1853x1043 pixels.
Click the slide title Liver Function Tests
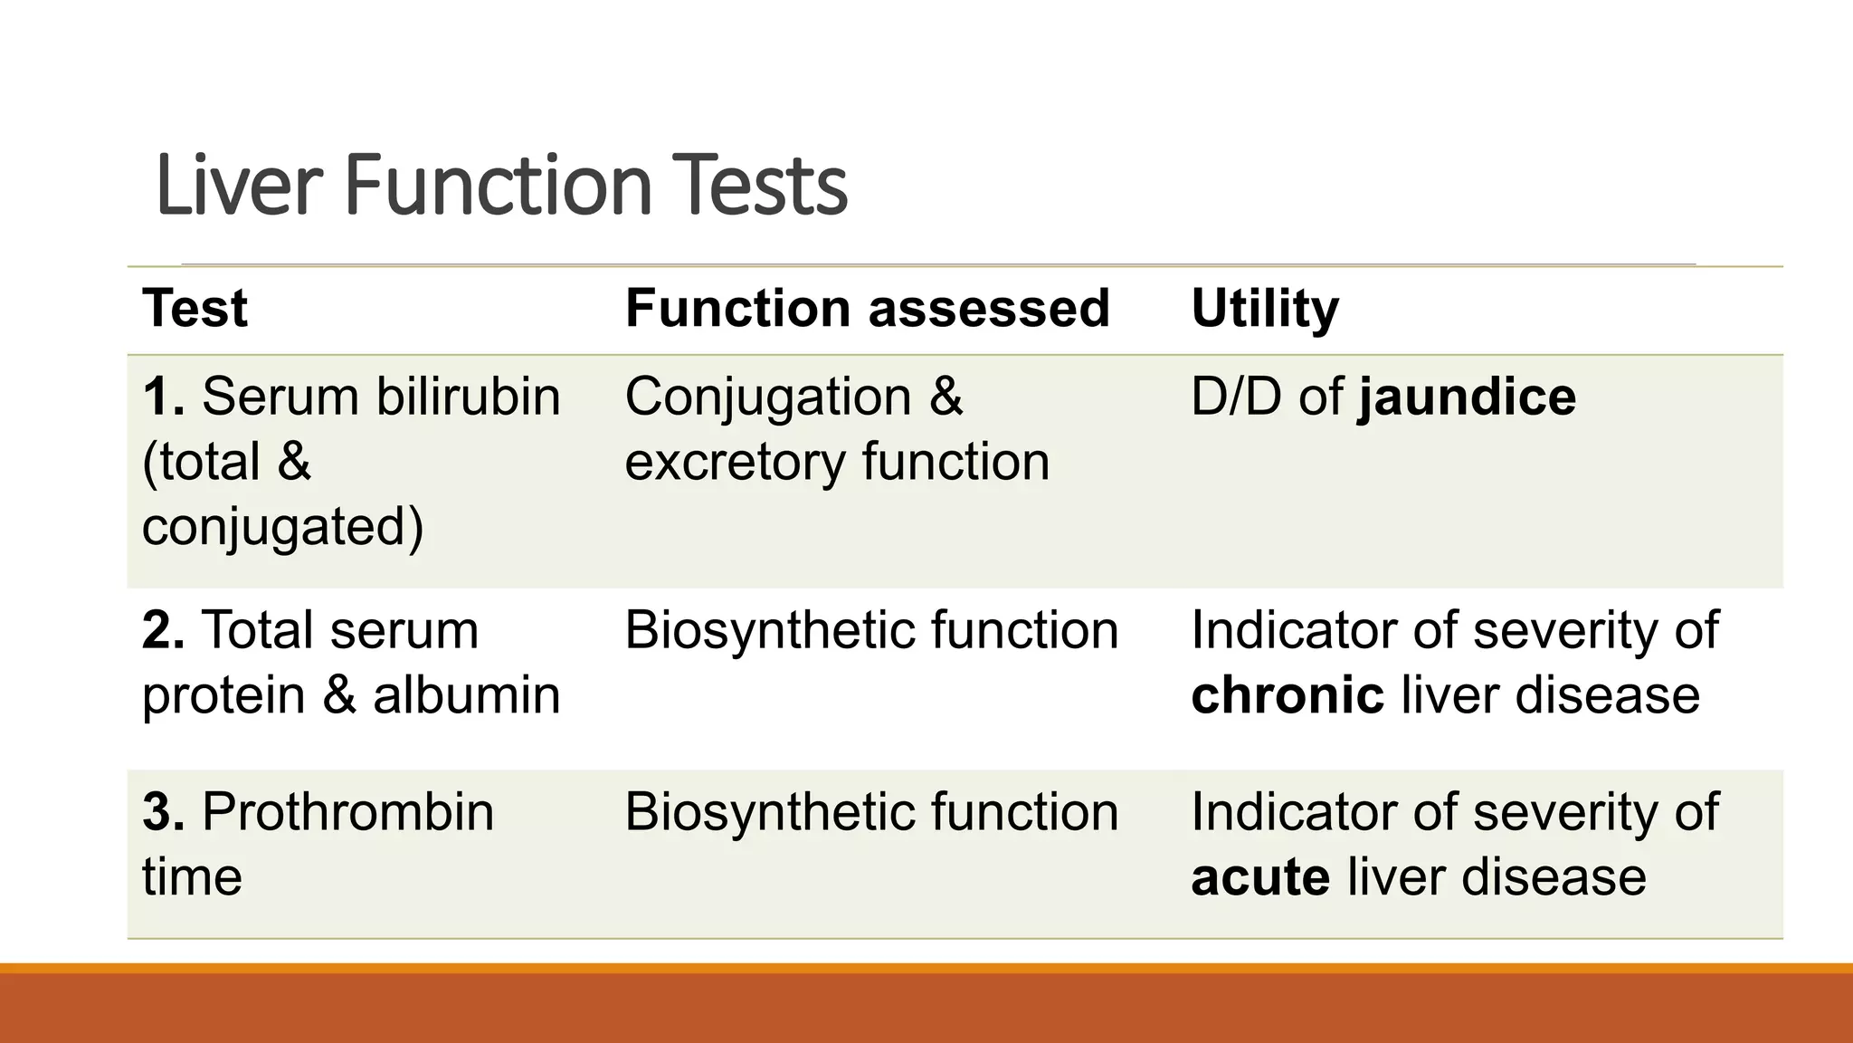501,186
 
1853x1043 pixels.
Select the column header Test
195,308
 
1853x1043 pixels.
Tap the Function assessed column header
867,308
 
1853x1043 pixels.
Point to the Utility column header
1264,308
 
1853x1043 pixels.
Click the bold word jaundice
1467,397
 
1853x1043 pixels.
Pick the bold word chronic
1287,695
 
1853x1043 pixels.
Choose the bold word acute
1260,877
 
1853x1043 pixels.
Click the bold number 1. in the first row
164,397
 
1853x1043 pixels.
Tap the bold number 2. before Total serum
164,630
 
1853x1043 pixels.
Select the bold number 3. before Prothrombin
164,812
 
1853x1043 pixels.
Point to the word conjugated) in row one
282,527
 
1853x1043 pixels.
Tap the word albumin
466,695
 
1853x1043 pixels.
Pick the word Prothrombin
347,812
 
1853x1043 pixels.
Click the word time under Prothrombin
192,877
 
